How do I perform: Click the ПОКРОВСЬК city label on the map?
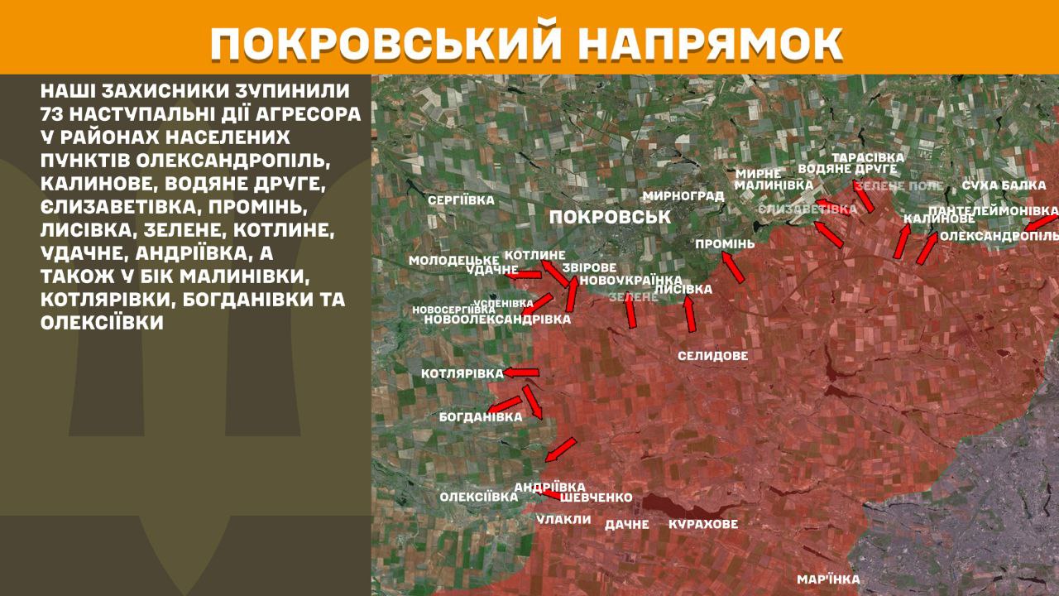click(x=609, y=217)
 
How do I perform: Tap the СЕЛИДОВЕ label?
click(x=712, y=356)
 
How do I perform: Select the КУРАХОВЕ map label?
click(x=702, y=524)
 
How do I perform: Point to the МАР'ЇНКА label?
click(x=828, y=579)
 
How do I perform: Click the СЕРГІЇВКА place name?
click(x=461, y=200)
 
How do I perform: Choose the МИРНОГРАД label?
click(x=683, y=196)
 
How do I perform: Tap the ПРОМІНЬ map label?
click(x=725, y=244)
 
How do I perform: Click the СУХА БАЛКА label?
click(x=1004, y=185)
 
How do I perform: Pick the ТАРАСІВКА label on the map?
click(x=868, y=157)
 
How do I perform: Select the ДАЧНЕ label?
click(x=627, y=524)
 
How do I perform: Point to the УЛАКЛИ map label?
click(x=563, y=520)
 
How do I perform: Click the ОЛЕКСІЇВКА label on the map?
click(x=479, y=497)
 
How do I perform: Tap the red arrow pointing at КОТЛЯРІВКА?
click(x=521, y=373)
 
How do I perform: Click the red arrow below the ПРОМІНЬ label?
click(x=733, y=267)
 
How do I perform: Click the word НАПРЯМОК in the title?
click(x=703, y=44)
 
